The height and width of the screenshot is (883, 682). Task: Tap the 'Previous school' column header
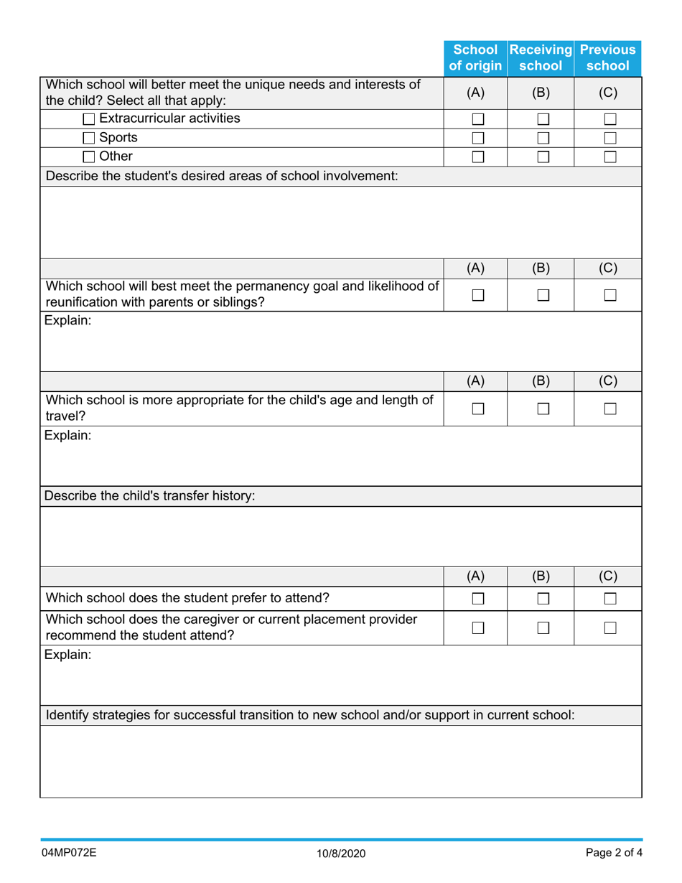(x=607, y=58)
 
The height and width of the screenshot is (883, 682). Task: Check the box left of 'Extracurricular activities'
(x=89, y=119)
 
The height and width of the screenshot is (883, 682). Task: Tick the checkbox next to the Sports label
(x=89, y=138)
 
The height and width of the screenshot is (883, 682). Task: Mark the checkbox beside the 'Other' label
(x=89, y=156)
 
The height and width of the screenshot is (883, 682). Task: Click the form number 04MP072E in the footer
(x=69, y=854)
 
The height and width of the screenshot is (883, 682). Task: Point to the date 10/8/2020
(x=341, y=854)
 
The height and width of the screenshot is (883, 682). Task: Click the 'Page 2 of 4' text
(x=612, y=854)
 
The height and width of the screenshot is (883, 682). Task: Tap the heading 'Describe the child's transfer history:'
(x=151, y=495)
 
